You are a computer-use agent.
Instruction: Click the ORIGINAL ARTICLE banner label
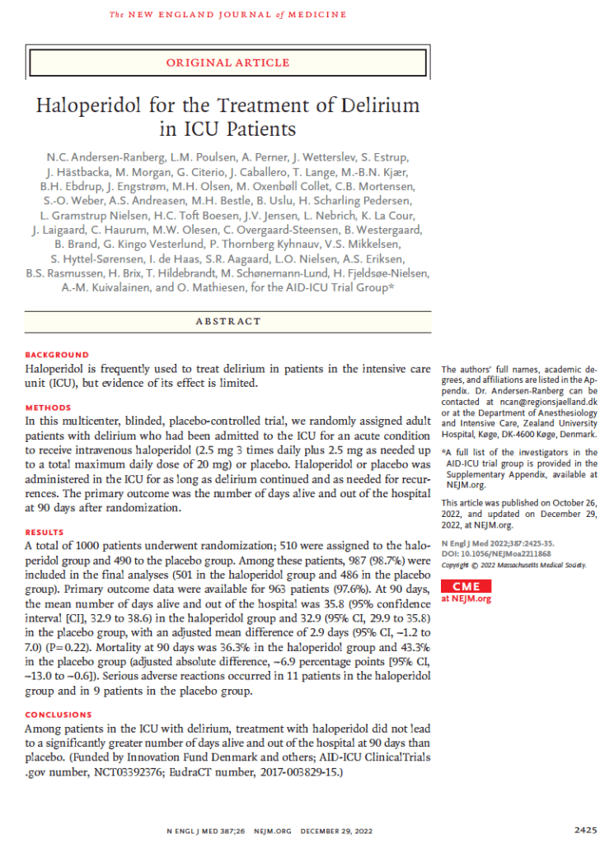click(228, 63)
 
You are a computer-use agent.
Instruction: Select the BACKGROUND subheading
click(56, 355)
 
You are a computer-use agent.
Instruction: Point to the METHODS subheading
click(48, 408)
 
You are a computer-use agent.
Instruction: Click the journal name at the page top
click(228, 15)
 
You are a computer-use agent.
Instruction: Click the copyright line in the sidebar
click(514, 565)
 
